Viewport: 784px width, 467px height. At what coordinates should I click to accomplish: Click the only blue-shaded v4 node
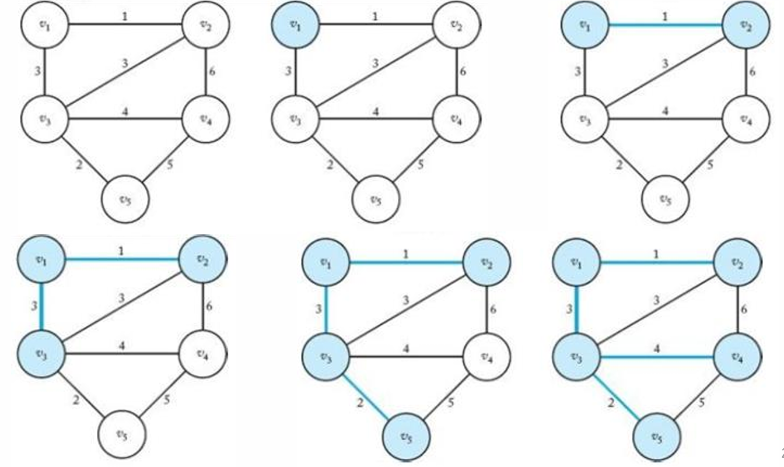click(x=737, y=354)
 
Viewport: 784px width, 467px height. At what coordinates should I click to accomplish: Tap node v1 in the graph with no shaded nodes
click(x=45, y=25)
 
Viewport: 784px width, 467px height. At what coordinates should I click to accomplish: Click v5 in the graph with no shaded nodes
click(x=125, y=199)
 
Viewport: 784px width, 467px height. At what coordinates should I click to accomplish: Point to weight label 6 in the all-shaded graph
click(x=743, y=310)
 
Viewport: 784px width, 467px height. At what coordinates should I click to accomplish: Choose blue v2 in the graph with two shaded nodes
click(x=746, y=25)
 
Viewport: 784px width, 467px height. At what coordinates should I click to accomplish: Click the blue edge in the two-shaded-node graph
click(x=665, y=25)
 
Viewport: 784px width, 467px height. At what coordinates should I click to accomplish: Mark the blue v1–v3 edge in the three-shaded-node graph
click(x=41, y=306)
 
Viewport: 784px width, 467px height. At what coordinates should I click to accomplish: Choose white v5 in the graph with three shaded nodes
click(x=122, y=435)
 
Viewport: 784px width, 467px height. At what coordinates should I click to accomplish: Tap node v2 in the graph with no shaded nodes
click(x=206, y=25)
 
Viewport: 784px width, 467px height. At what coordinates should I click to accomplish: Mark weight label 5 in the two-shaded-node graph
click(x=709, y=165)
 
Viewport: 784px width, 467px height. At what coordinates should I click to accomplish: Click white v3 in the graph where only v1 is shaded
click(x=295, y=120)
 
